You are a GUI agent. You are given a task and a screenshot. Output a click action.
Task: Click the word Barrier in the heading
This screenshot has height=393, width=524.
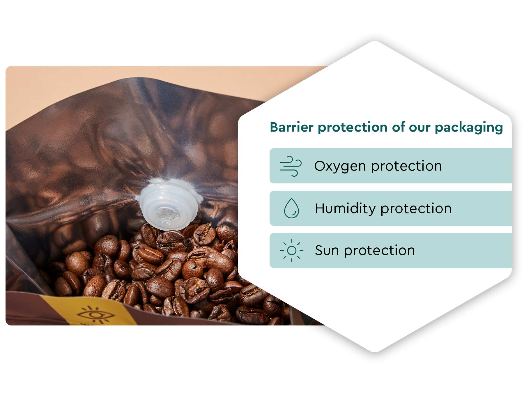click(292, 127)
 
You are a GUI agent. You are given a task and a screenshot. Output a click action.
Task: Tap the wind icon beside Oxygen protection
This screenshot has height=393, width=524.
click(291, 166)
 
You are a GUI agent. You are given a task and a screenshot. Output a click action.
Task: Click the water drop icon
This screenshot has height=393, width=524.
click(291, 208)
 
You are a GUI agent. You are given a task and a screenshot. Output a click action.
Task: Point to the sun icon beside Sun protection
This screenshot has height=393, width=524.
click(291, 250)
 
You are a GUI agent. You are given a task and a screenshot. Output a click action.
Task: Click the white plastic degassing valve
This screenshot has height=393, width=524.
click(169, 204)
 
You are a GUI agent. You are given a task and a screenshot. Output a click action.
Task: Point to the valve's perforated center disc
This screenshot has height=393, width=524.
click(166, 215)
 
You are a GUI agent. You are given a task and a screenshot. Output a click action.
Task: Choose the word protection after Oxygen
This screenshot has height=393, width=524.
click(406, 167)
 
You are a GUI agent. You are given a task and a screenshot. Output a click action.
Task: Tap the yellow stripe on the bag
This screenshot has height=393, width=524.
click(87, 311)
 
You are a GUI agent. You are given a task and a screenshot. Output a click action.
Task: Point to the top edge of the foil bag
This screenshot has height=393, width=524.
click(140, 78)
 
